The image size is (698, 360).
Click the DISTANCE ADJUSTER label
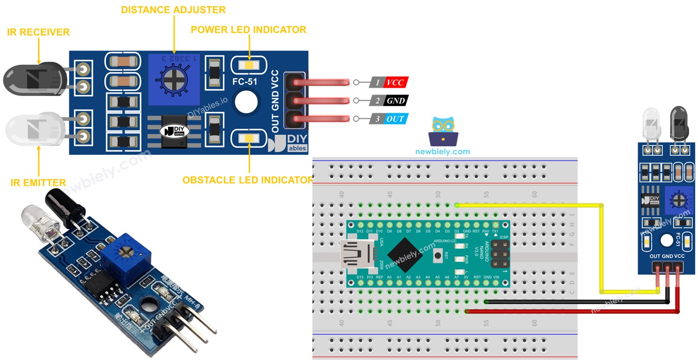[x=173, y=10]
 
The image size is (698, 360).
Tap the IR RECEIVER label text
[x=38, y=32]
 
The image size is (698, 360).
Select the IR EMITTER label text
[x=38, y=183]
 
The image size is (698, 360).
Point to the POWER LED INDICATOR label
[x=248, y=30]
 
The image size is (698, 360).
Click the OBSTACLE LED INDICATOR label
[x=248, y=180]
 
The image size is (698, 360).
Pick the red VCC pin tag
[x=395, y=83]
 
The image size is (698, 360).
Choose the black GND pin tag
[x=395, y=100]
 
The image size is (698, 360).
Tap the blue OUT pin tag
[x=395, y=118]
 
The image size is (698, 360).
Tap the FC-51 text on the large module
[x=245, y=81]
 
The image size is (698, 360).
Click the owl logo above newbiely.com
[x=443, y=130]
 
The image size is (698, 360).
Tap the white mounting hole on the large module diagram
[x=246, y=102]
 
